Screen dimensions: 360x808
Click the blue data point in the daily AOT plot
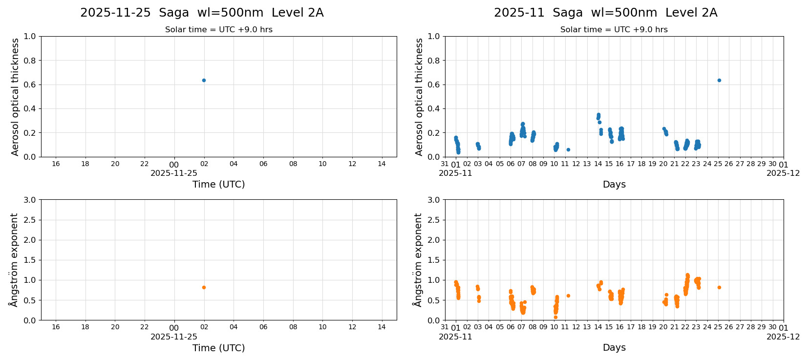204,80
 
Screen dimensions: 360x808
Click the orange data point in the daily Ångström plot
204,287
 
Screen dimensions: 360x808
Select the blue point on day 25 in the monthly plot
719,80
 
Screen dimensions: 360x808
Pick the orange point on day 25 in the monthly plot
719,287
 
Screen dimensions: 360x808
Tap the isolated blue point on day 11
568,149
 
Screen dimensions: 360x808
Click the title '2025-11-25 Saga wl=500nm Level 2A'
202,13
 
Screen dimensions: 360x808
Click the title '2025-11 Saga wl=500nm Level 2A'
605,13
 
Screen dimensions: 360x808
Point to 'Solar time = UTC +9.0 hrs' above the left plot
218,30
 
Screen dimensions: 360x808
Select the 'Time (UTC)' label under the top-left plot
218,184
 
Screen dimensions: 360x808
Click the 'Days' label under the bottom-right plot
614,347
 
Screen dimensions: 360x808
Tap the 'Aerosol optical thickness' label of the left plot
15,97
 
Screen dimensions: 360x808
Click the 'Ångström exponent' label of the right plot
418,260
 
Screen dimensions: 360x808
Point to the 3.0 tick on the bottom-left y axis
30,200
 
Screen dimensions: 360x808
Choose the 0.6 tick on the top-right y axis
434,85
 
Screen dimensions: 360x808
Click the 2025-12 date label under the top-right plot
783,173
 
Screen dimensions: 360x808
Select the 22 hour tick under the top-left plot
145,164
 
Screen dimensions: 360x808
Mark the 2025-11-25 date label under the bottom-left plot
174,337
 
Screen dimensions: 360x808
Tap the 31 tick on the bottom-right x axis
445,327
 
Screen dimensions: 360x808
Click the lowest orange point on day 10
555,317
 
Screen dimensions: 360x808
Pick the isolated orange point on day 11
568,296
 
